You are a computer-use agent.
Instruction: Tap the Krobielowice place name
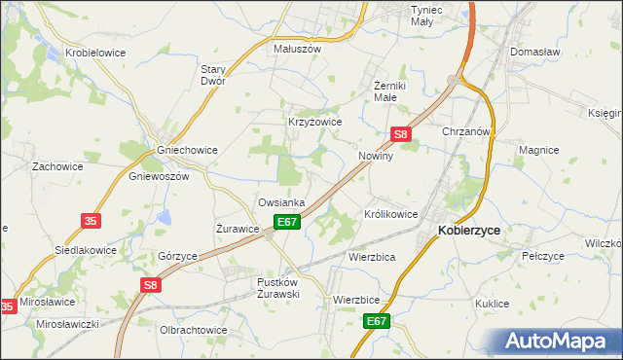[94, 53]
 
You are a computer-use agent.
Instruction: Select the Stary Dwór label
[212, 75]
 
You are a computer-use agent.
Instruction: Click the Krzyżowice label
[314, 122]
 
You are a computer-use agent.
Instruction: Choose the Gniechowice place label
[187, 150]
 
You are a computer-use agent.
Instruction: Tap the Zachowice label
[55, 166]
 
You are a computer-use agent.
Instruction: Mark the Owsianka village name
[281, 202]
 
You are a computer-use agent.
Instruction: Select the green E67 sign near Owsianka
[286, 223]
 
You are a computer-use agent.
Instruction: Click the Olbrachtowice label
[193, 330]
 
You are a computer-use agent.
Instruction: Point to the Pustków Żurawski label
[276, 287]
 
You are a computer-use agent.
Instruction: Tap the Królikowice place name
[390, 213]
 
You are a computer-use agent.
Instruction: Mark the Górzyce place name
[177, 255]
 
